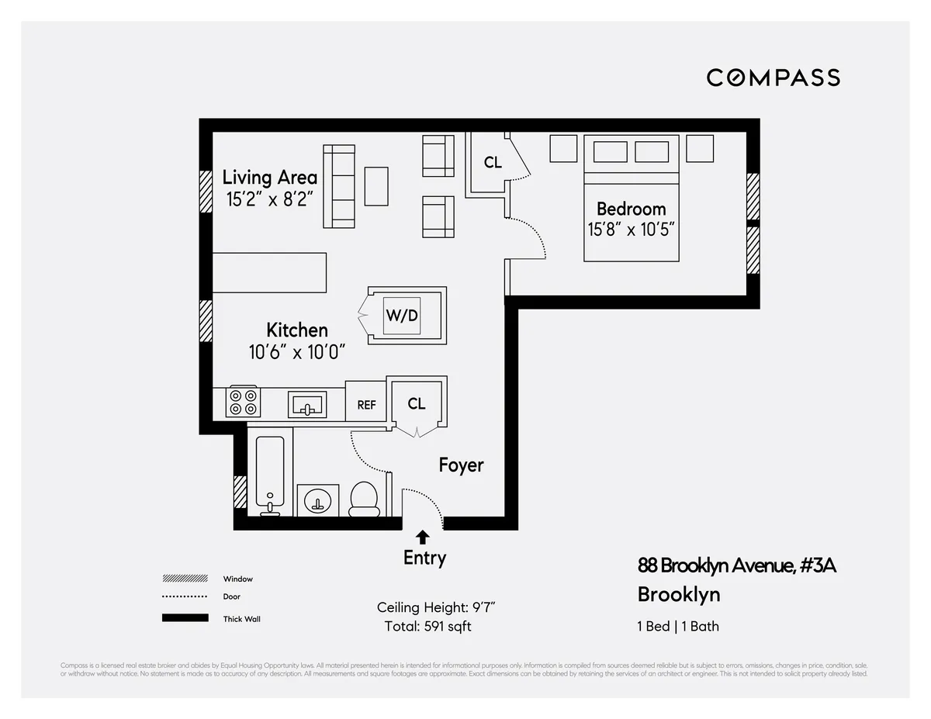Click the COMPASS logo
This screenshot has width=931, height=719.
pos(773,78)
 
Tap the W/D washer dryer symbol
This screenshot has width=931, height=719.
pos(402,315)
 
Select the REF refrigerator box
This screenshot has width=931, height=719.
pos(366,404)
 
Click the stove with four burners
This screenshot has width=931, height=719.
pos(243,402)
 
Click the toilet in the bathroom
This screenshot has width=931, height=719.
pos(363,498)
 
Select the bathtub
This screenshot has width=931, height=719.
pos(271,475)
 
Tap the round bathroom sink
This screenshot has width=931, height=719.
pos(318,500)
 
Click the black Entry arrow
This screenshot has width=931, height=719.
pos(423,536)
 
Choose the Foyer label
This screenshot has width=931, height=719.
pos(461,465)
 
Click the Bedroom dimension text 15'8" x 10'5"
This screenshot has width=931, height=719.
pos(631,230)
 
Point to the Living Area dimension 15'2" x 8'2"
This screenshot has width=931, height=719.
pos(269,199)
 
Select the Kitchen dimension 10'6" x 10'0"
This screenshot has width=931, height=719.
pos(296,352)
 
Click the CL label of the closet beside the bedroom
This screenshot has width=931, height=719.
pos(493,163)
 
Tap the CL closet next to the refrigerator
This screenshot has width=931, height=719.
pos(417,403)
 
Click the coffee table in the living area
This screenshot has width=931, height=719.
pos(376,186)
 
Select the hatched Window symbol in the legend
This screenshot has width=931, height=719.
pos(185,579)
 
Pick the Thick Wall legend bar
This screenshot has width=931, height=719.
pos(185,618)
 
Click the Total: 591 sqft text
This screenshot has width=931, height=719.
pos(427,626)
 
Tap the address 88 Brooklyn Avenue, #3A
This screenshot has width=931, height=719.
pos(736,565)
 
